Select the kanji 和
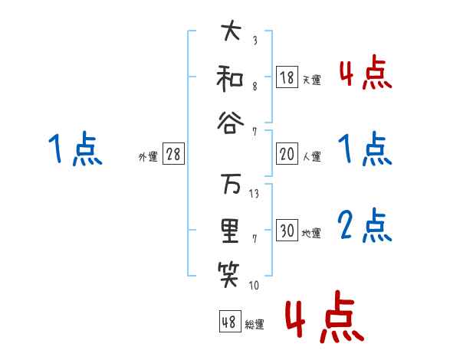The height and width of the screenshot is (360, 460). click(x=229, y=77)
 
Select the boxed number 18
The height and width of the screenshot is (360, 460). click(x=287, y=78)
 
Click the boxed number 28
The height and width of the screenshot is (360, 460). click(x=173, y=155)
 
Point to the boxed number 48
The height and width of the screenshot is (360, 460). click(x=229, y=322)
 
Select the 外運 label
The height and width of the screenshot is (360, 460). click(x=147, y=156)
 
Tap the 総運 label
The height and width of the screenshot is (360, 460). click(x=255, y=324)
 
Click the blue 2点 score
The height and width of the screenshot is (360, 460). click(x=365, y=226)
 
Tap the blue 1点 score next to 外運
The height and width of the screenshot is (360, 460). click(x=74, y=149)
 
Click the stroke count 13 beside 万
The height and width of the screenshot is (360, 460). click(x=255, y=194)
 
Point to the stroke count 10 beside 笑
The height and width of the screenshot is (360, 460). click(x=254, y=286)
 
